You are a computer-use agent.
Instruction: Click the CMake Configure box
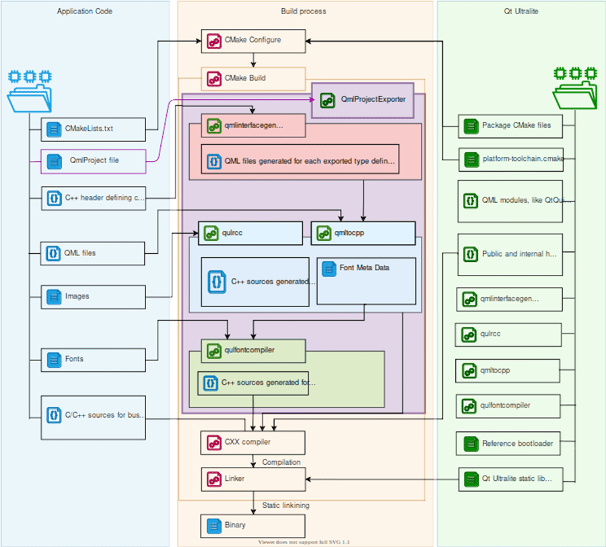254,40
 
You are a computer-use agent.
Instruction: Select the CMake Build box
254,79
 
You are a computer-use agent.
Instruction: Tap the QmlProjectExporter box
368,100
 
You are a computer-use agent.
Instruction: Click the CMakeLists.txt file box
93,129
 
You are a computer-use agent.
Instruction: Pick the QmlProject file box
93,161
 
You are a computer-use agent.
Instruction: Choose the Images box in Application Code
93,296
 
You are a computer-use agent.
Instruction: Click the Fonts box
93,359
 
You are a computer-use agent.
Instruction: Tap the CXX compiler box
254,443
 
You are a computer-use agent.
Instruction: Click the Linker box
254,479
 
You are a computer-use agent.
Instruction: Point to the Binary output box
254,525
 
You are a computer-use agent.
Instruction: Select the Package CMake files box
510,125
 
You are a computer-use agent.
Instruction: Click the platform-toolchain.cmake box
510,160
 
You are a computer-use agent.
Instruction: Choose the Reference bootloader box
510,444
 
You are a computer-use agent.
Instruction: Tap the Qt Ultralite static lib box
510,479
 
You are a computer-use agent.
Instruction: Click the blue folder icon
30,92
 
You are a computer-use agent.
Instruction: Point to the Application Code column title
85,11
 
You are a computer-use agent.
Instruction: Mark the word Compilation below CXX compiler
281,462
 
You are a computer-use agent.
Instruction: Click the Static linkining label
285,505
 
